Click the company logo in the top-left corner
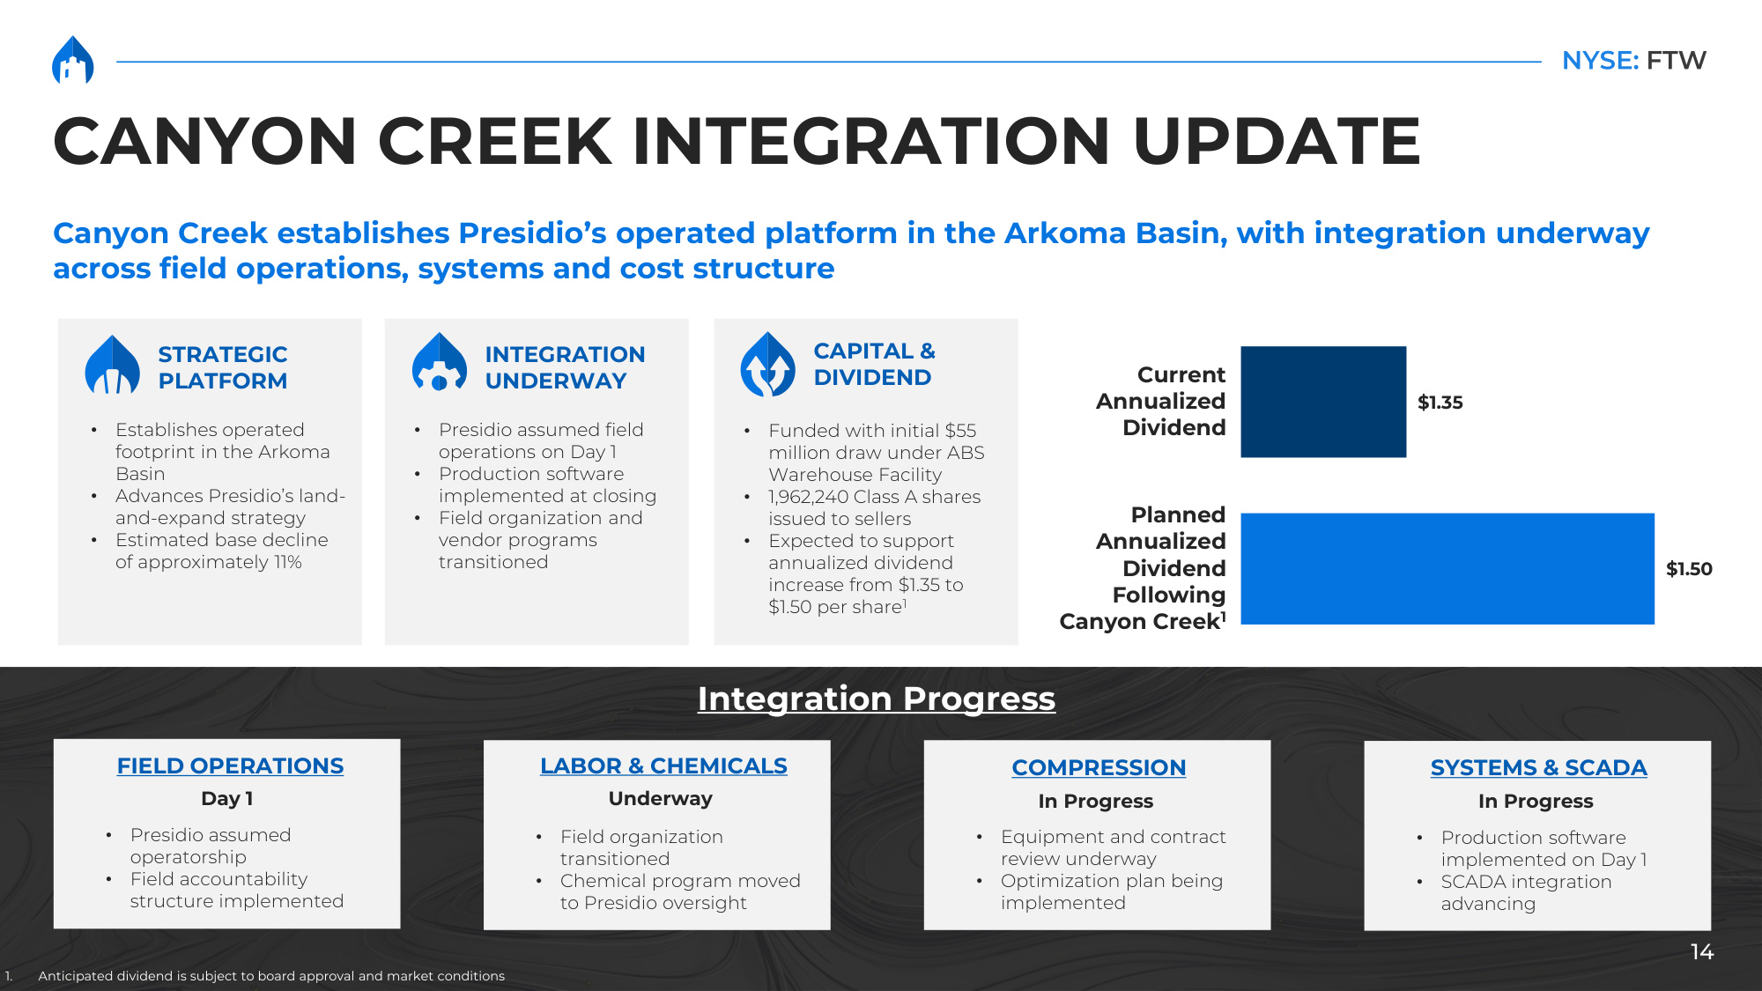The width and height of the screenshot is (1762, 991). click(x=73, y=60)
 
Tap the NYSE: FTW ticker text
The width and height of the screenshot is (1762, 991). click(x=1634, y=60)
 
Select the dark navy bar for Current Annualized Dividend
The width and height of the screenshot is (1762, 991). click(x=1323, y=402)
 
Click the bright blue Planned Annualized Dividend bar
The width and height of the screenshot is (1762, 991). click(x=1447, y=569)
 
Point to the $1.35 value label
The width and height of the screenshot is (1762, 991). click(x=1440, y=403)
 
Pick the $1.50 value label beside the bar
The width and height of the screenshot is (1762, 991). click(x=1689, y=569)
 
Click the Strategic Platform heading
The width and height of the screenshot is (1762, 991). click(x=223, y=367)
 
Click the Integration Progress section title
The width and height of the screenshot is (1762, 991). click(x=877, y=699)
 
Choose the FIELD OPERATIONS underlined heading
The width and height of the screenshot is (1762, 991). click(x=230, y=766)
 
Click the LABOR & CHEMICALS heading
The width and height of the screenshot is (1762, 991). click(x=663, y=766)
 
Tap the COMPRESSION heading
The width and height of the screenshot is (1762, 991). click(x=1099, y=768)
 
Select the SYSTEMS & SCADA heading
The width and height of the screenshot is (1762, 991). click(x=1538, y=768)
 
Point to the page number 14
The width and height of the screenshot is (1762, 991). click(x=1701, y=952)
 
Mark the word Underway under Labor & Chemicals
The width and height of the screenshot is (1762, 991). click(x=660, y=799)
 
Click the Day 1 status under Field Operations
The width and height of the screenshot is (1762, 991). click(x=227, y=799)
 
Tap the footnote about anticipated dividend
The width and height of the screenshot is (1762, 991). click(x=271, y=976)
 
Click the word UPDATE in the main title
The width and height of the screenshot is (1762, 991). click(x=1277, y=141)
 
